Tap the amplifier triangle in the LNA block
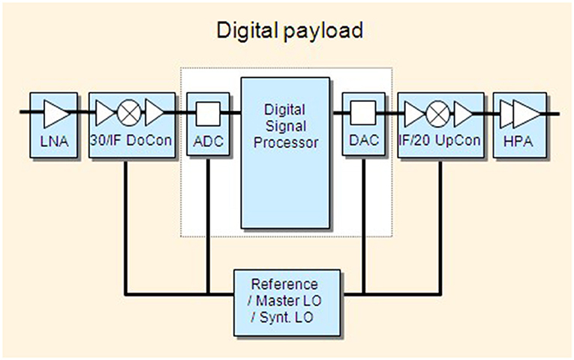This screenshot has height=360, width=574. point(55,115)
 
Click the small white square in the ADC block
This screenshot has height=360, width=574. point(207,114)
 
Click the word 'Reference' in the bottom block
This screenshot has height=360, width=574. point(284,285)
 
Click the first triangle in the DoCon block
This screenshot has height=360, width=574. point(105,114)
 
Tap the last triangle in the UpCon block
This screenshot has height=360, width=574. point(464,114)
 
